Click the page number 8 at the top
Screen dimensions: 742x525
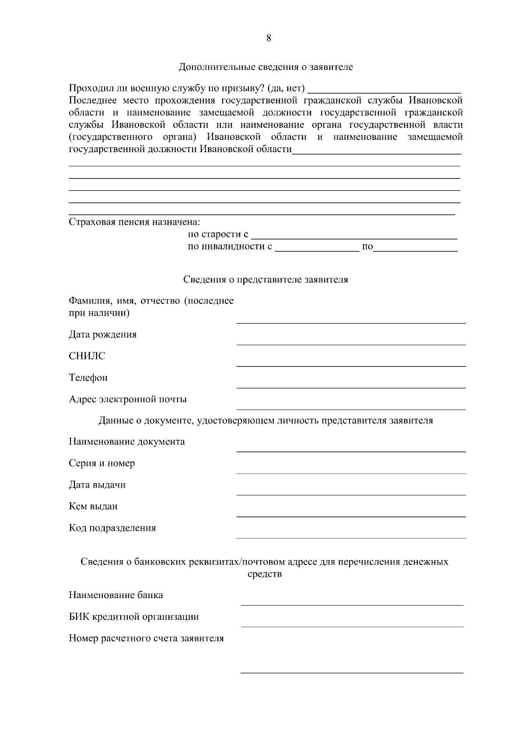(268, 38)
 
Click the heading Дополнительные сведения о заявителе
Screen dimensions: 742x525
(266, 67)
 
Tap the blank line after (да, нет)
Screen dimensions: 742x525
(384, 90)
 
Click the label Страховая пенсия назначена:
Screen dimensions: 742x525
(134, 222)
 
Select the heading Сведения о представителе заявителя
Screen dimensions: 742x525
(266, 280)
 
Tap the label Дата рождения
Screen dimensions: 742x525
(103, 335)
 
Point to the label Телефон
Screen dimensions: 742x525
(88, 378)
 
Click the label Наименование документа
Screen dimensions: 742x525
(127, 442)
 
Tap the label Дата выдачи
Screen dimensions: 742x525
(97, 485)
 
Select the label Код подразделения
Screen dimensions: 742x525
(112, 528)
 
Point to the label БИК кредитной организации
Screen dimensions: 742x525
(134, 617)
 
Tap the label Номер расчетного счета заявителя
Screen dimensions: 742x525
(146, 639)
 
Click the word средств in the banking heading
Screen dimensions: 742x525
(265, 574)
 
